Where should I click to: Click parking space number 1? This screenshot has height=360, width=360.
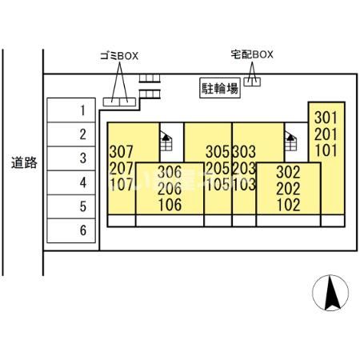(71, 110)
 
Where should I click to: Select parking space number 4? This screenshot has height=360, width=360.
(71, 182)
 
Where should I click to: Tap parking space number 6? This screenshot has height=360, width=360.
(71, 230)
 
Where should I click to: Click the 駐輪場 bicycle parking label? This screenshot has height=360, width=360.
(220, 88)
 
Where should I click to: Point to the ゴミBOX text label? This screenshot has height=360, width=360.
(119, 56)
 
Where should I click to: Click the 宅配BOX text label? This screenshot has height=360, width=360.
(252, 54)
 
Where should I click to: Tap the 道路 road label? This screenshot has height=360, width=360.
(24, 162)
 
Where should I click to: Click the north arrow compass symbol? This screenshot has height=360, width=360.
(330, 293)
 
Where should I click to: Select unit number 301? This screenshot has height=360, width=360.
(326, 118)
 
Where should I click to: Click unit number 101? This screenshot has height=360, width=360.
(326, 150)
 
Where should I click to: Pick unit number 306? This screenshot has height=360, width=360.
(170, 172)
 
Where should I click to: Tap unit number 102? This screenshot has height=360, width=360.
(288, 205)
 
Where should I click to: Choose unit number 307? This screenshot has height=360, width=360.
(121, 152)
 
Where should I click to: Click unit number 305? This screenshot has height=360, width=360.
(218, 152)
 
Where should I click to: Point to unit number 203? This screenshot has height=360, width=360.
(244, 168)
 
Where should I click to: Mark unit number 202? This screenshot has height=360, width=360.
(288, 189)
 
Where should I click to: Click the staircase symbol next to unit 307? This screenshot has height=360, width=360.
(166, 141)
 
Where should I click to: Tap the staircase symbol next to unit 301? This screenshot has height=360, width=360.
(290, 141)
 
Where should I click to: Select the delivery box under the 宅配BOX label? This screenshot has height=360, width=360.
(252, 82)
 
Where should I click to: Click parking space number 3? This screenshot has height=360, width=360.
(71, 158)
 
